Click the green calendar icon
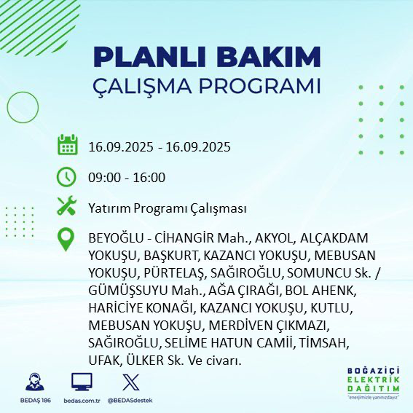tap(68, 145)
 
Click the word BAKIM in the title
tap(270, 57)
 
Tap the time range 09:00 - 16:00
tap(126, 178)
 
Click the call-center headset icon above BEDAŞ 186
tap(34, 382)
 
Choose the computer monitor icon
tap(82, 382)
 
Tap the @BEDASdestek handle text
tap(131, 401)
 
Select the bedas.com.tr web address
tap(82, 401)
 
